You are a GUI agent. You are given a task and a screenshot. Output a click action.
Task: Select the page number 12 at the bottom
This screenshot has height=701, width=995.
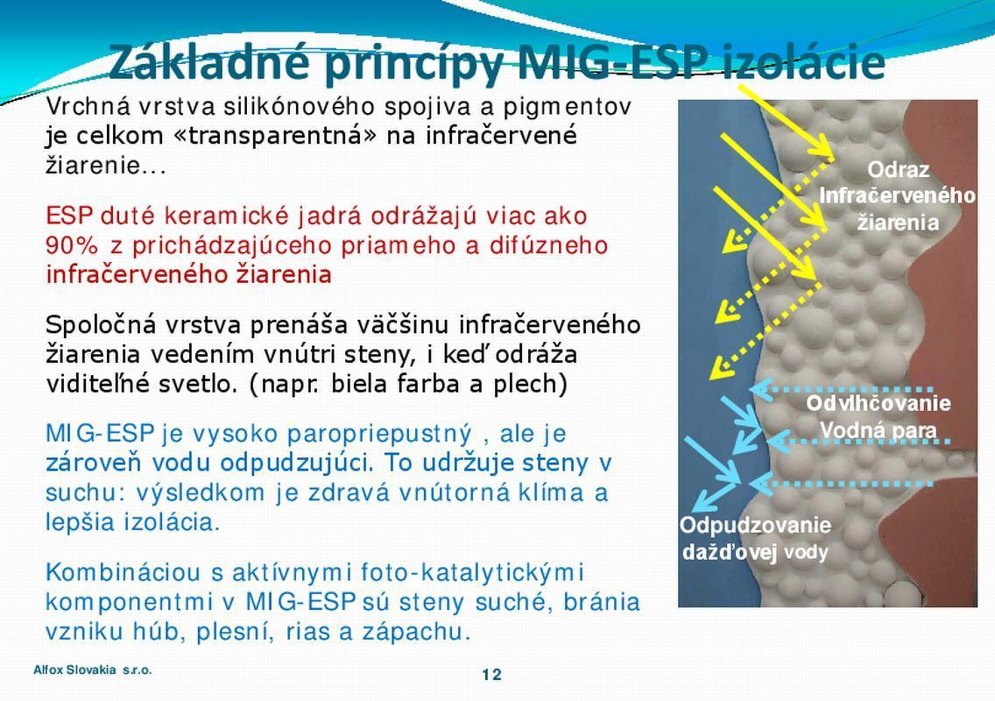coord(491,675)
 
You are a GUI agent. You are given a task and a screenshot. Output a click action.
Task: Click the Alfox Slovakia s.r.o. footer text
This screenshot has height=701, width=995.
coord(93,669)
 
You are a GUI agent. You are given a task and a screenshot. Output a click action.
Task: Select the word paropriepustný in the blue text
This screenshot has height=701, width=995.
coord(379,435)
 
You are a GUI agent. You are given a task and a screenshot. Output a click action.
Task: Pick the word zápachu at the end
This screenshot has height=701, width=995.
coord(416,633)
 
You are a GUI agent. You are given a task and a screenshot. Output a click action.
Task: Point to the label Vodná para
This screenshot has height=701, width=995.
coord(879,430)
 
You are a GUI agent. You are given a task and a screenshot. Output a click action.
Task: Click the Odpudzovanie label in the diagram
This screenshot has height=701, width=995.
coord(755,525)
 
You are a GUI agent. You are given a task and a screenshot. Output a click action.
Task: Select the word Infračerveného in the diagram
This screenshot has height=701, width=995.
coord(897,195)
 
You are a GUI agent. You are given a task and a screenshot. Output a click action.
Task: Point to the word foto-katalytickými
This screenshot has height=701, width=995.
coord(471,573)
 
